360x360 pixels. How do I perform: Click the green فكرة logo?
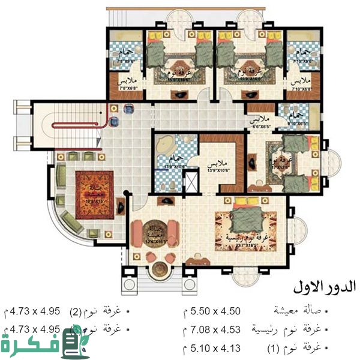[45, 344]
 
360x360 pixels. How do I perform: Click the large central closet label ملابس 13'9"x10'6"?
[219, 165]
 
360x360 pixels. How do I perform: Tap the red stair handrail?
[81, 125]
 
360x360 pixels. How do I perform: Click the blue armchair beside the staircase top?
[128, 109]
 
